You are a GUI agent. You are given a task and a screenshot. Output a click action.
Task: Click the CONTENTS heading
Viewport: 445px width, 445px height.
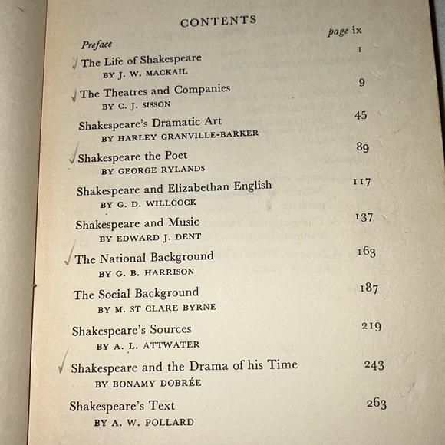click(218, 21)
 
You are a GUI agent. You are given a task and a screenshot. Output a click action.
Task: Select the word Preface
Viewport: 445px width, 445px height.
click(97, 45)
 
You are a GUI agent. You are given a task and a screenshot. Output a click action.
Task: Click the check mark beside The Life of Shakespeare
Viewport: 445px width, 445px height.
click(74, 64)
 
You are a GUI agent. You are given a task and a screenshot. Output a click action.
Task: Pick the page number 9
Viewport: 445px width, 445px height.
click(361, 82)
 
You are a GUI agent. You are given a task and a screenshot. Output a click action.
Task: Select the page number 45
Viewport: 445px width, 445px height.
click(361, 115)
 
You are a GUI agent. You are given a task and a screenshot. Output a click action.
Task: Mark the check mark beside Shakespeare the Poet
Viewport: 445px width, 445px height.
click(72, 157)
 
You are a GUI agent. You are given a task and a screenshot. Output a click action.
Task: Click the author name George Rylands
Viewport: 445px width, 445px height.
click(153, 170)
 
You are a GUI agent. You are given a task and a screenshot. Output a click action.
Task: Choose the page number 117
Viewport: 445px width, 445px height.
click(361, 182)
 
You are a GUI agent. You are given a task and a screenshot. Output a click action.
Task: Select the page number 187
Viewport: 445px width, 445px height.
click(369, 288)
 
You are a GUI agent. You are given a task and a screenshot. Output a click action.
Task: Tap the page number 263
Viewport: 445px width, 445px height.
click(376, 404)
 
